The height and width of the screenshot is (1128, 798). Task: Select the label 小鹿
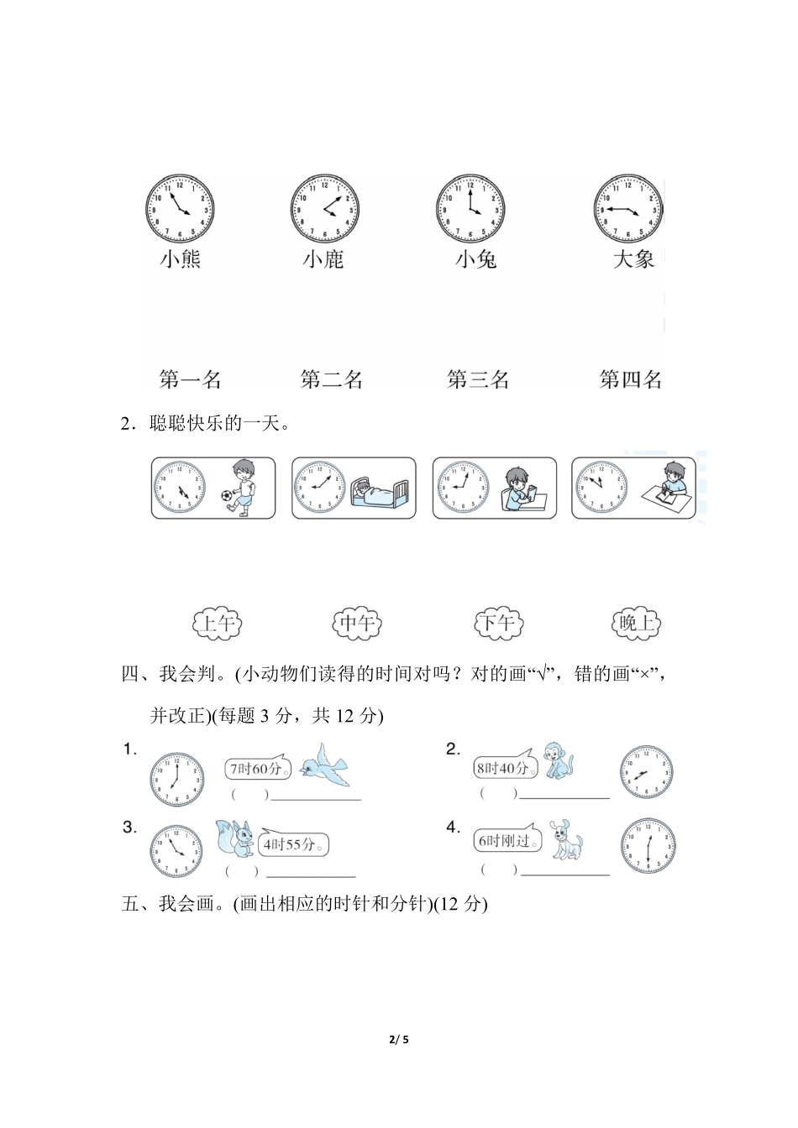323,259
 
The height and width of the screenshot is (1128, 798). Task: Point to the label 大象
633,258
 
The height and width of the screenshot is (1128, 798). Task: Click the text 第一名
190,379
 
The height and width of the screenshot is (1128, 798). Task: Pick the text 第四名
630,379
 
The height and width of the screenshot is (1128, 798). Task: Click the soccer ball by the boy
226,497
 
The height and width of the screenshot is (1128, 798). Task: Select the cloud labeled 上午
217,624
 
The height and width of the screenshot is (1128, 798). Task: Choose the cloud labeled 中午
357,624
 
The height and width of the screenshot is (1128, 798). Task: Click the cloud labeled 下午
497,624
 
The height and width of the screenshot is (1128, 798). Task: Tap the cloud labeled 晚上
635,624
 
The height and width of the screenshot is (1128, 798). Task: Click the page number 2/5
399,1041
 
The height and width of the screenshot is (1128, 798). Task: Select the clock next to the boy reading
460,487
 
